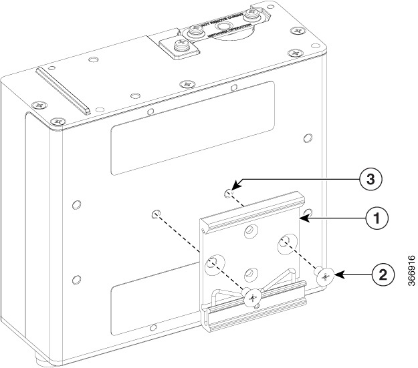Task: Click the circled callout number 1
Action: pos(377,217)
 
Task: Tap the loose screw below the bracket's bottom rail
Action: pos(252,299)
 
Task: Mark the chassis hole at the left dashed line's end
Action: pos(155,214)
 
